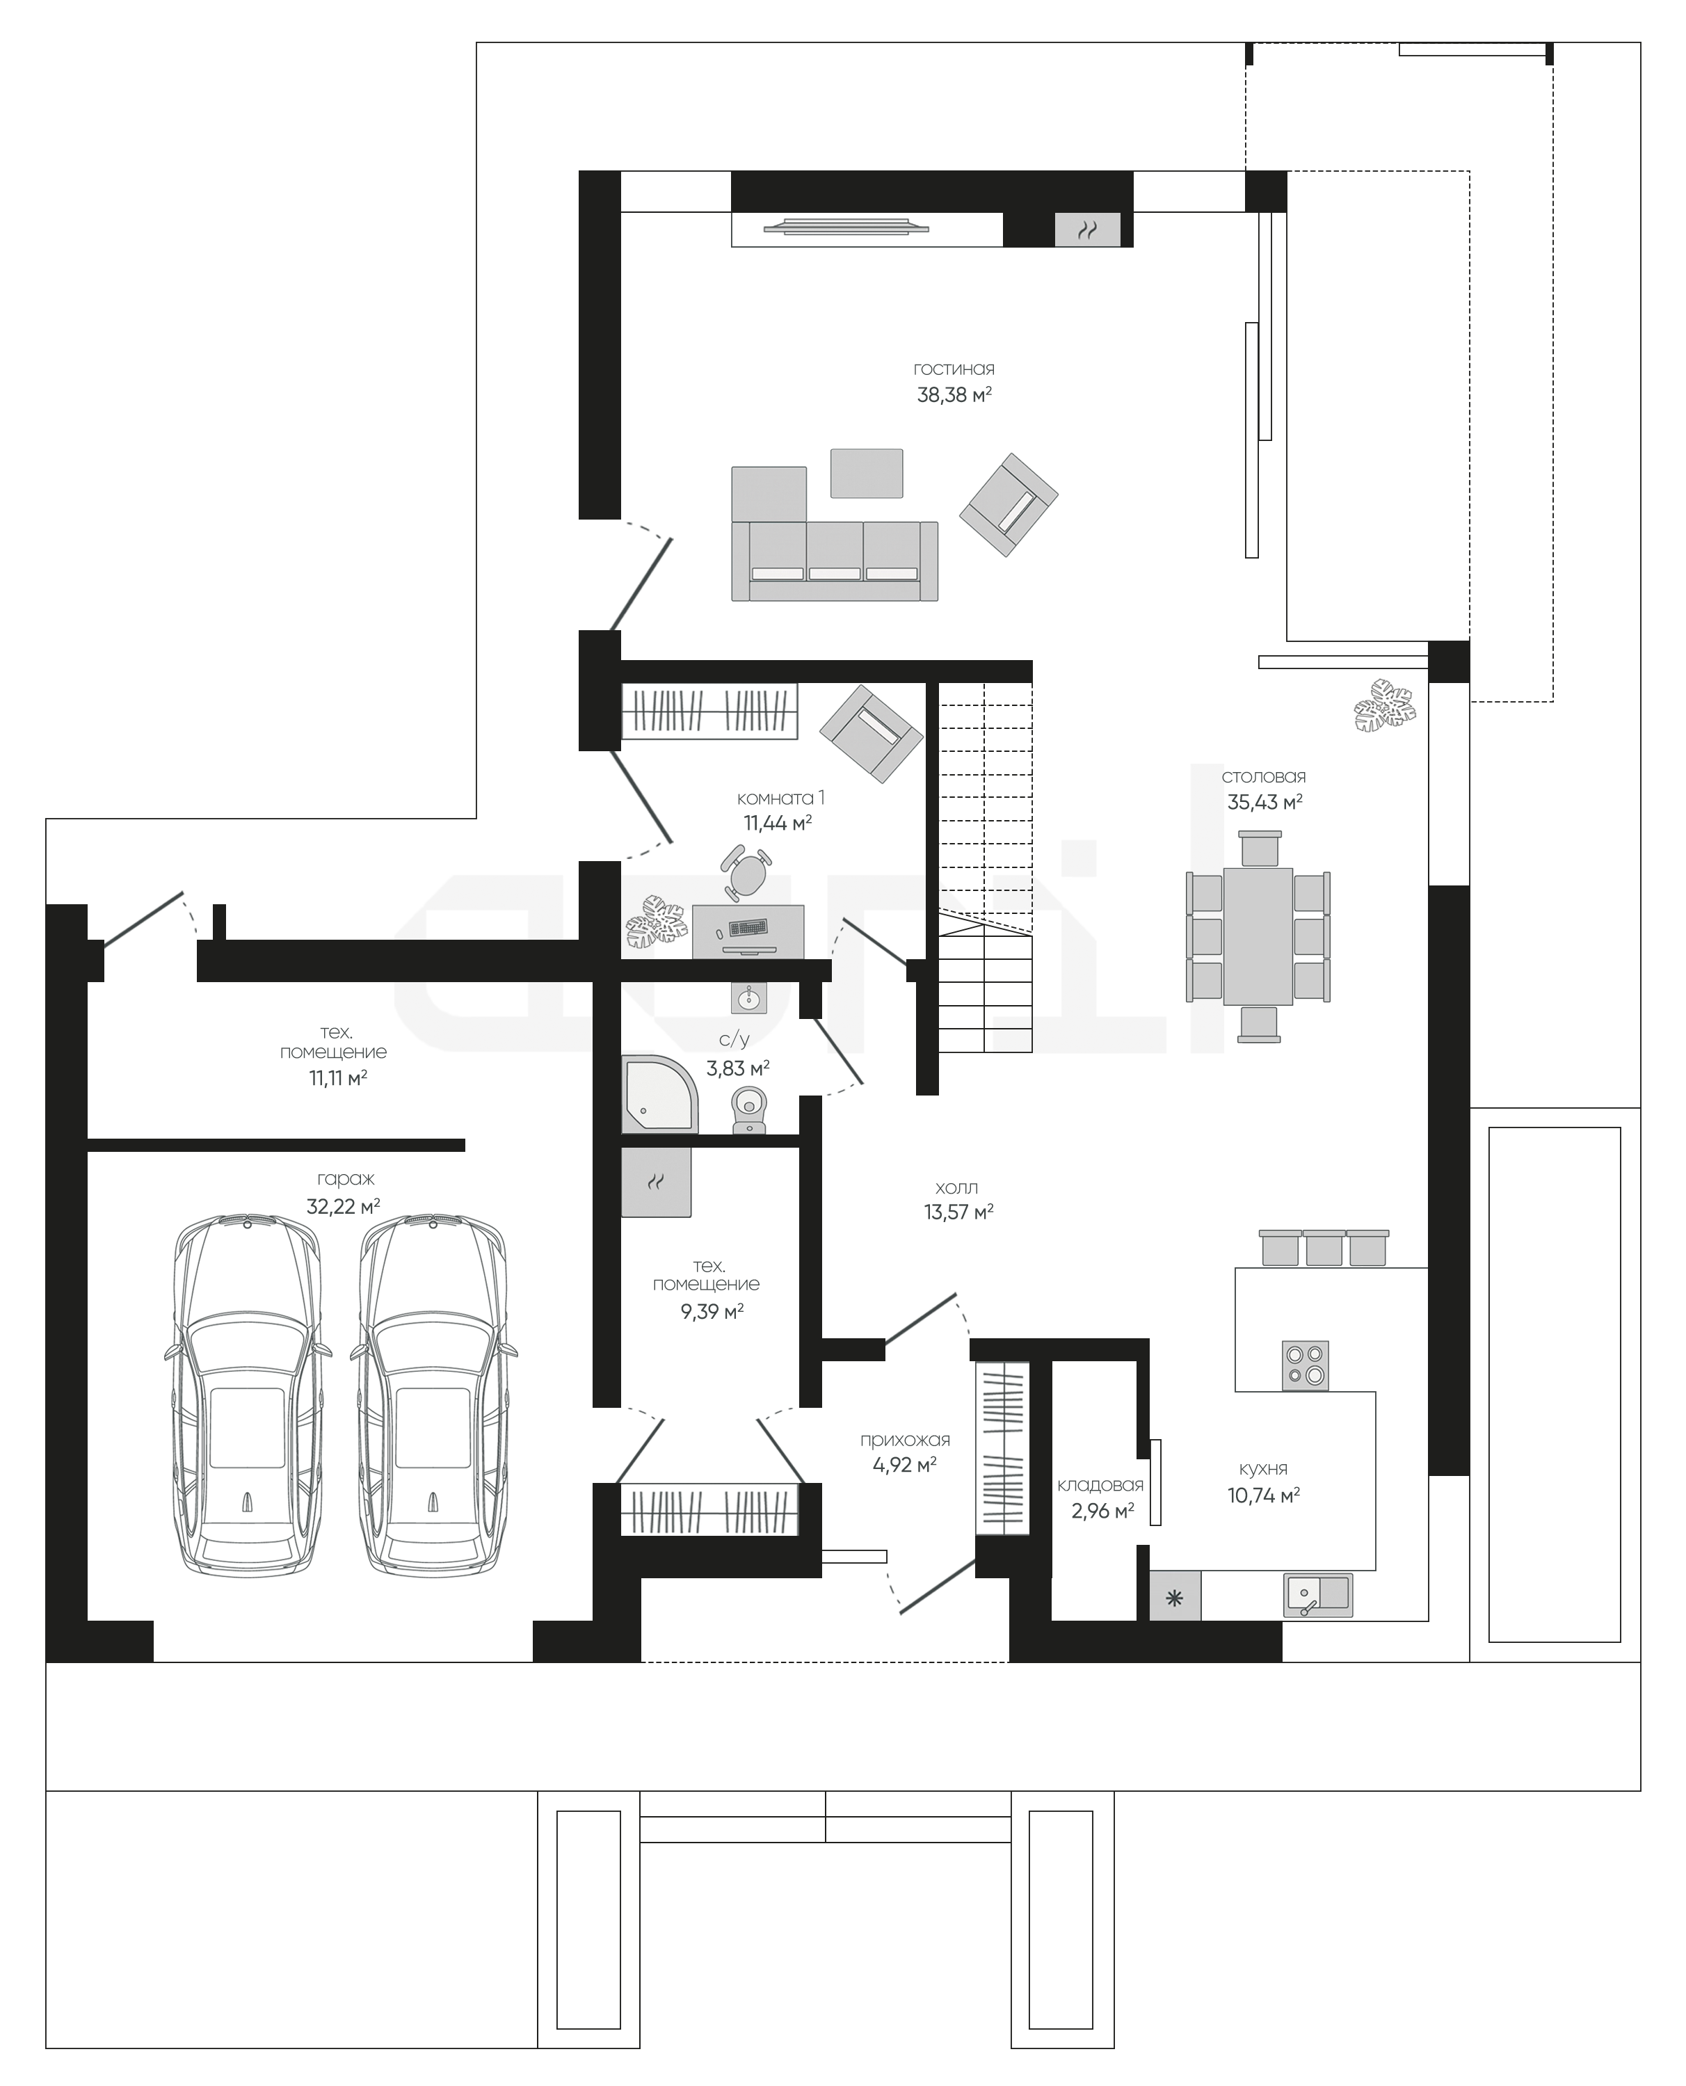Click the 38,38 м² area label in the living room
point(954,394)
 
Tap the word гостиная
point(954,369)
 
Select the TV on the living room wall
point(846,228)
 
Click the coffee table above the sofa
point(867,473)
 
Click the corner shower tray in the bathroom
point(659,1093)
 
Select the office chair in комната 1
point(746,872)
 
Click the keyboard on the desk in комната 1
point(747,927)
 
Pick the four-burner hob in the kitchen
point(1306,1365)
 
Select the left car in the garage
point(248,1394)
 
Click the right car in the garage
point(433,1394)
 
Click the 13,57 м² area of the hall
point(958,1212)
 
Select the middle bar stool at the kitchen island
point(1324,1247)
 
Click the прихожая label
point(905,1441)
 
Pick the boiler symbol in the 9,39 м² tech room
point(657,1182)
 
